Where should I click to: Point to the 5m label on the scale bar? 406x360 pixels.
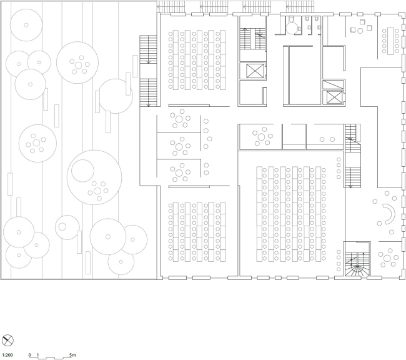72,354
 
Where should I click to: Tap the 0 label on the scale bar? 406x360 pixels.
29,354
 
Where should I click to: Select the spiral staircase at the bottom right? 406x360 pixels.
357,263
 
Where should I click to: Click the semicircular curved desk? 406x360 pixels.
387,215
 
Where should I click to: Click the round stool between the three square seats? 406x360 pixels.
360,29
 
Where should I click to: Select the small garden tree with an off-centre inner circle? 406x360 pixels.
65,225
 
